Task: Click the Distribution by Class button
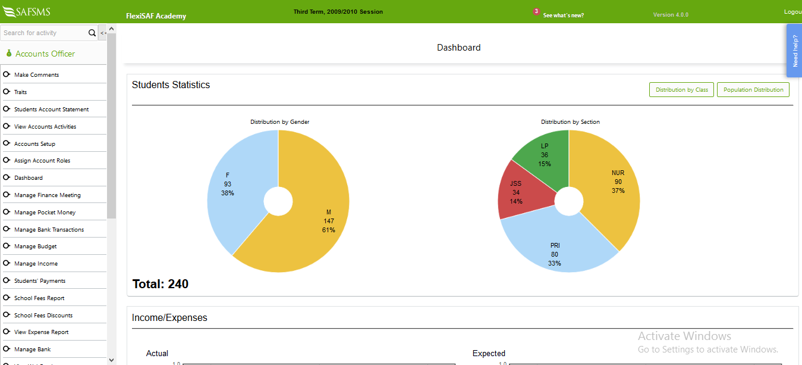pyautogui.click(x=681, y=90)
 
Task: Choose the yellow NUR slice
pyautogui.click(x=612, y=185)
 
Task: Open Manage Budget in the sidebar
pyautogui.click(x=35, y=247)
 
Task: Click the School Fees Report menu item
pyautogui.click(x=39, y=298)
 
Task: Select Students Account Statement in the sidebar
pyautogui.click(x=51, y=110)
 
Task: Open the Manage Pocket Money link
pyautogui.click(x=45, y=213)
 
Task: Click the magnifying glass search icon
pyautogui.click(x=92, y=33)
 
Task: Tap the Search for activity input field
pyautogui.click(x=43, y=33)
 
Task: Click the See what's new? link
pyautogui.click(x=563, y=15)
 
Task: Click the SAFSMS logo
pyautogui.click(x=27, y=11)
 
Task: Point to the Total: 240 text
pyautogui.click(x=160, y=284)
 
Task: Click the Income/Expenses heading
pyautogui.click(x=169, y=318)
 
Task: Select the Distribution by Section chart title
pyautogui.click(x=570, y=122)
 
